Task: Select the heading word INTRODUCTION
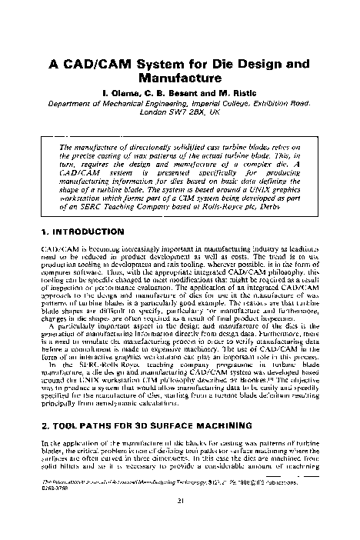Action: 88,231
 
